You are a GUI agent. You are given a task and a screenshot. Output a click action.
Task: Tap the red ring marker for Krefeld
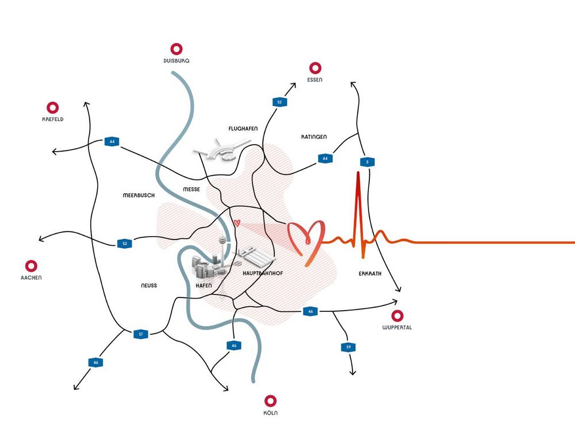coord(52,107)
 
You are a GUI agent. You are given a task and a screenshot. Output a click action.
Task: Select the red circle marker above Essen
coord(315,68)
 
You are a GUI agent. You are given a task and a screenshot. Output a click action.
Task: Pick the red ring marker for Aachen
coord(32,266)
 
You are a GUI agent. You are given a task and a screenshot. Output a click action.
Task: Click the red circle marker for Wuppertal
coord(397,316)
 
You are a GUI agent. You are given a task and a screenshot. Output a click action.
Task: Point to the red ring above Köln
coord(271,401)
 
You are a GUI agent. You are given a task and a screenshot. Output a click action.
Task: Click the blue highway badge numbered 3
coord(367,162)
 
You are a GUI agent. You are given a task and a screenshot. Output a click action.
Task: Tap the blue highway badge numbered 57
coord(141,334)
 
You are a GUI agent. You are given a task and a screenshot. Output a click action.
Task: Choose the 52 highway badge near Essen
coord(279,102)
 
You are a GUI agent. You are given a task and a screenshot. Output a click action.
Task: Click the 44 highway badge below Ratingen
coord(325,158)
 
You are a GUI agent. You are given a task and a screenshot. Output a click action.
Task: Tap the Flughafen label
coord(242,129)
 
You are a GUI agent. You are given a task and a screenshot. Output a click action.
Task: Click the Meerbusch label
coord(139,195)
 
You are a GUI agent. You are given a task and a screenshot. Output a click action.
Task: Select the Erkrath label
coord(370,274)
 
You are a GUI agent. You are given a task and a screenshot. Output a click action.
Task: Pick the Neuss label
coord(148,285)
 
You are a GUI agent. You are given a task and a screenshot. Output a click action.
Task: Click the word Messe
coord(191,189)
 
